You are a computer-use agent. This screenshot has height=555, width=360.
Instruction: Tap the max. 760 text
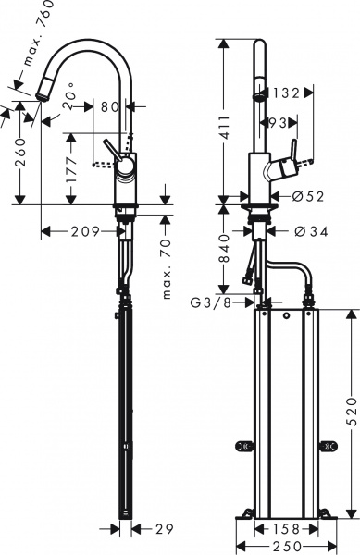click(x=37, y=37)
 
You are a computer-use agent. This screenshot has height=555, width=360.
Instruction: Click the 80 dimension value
click(x=110, y=106)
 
